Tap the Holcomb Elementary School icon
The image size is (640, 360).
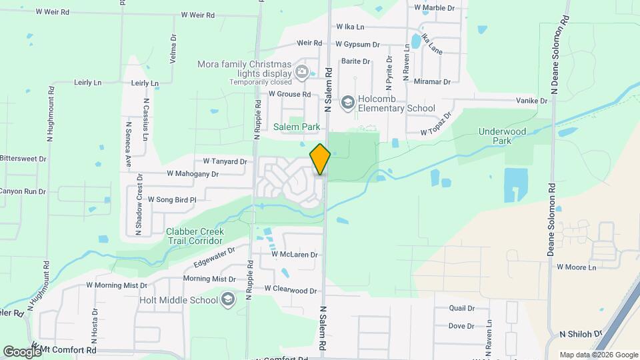(x=347, y=103)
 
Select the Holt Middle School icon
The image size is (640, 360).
(x=228, y=299)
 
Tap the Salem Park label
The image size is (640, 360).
(x=297, y=127)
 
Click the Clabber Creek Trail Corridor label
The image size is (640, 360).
(x=195, y=236)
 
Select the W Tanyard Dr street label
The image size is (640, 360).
(x=225, y=161)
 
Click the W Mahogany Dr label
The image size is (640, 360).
(x=193, y=173)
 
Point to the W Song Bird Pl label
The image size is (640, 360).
(x=172, y=199)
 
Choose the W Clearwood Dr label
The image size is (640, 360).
(x=290, y=290)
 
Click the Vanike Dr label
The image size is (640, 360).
(x=531, y=101)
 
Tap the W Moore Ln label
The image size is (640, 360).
(x=575, y=267)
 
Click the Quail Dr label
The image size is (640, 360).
(x=461, y=309)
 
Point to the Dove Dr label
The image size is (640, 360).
(x=461, y=326)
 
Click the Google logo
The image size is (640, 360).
(x=21, y=351)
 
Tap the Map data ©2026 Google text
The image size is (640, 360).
(x=599, y=355)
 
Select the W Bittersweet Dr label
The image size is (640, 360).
(x=23, y=159)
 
